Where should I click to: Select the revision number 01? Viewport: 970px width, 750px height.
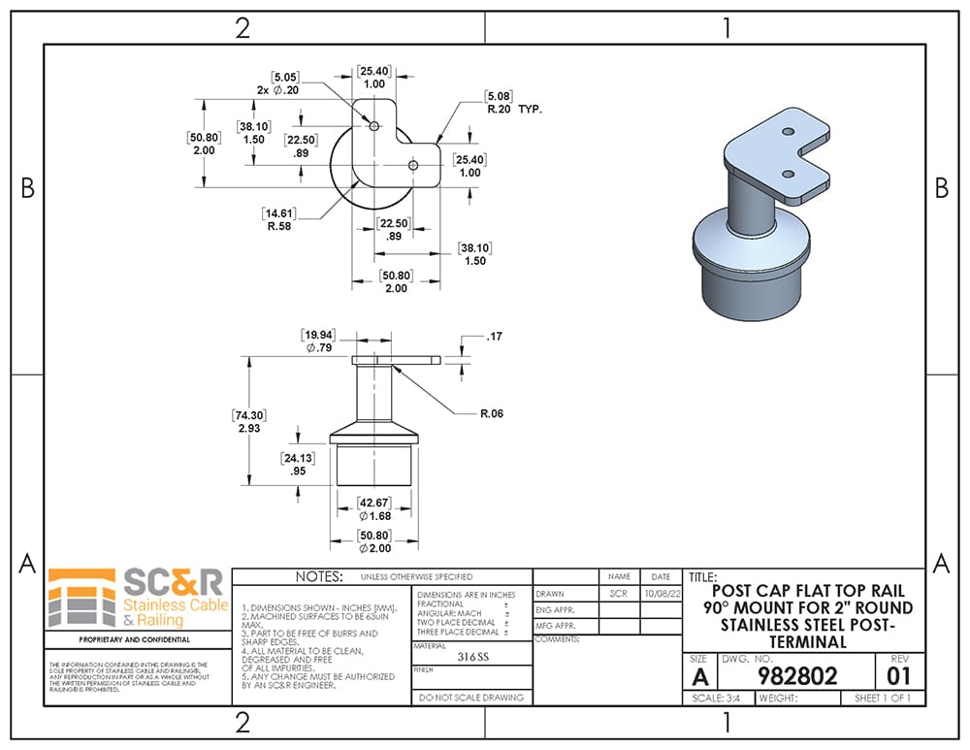click(899, 675)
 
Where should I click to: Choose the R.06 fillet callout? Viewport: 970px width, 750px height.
click(492, 413)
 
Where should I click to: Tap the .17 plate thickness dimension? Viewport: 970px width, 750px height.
click(495, 337)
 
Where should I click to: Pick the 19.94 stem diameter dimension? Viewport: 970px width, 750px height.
click(317, 341)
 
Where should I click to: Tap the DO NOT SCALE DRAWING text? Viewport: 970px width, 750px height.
click(472, 697)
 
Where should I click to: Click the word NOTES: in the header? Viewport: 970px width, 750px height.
click(319, 576)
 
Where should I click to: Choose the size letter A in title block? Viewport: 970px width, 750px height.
click(698, 675)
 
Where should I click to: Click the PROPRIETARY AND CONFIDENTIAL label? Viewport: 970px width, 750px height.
click(134, 639)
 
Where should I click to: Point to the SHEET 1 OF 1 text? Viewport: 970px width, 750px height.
click(882, 698)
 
